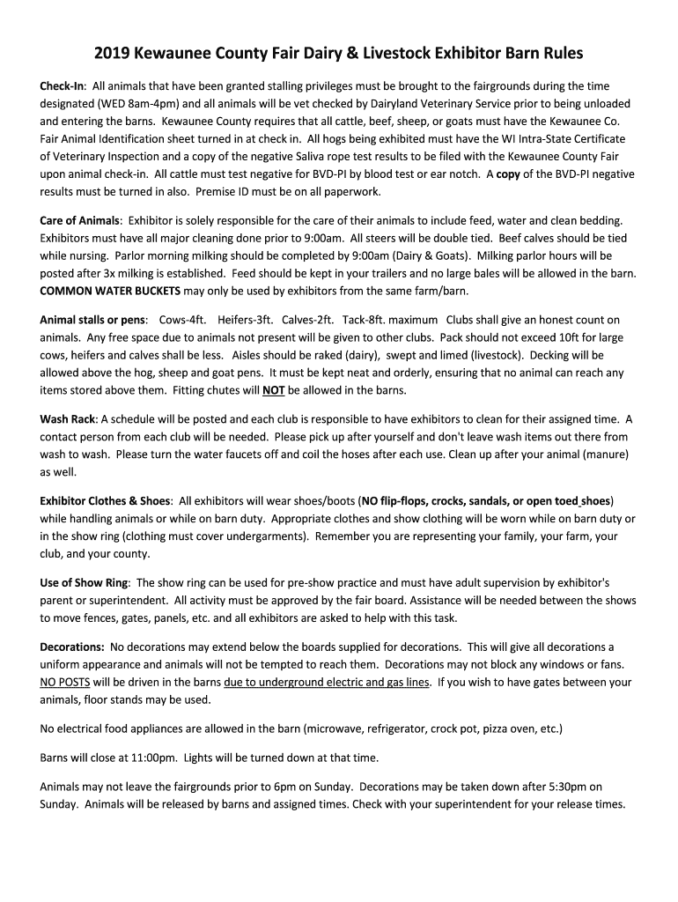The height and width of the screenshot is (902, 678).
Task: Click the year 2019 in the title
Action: click(x=129, y=54)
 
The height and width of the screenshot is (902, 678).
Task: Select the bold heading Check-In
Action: click(x=62, y=86)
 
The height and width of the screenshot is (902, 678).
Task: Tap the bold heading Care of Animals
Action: click(x=79, y=220)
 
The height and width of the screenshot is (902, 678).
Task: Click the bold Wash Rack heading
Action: click(x=69, y=419)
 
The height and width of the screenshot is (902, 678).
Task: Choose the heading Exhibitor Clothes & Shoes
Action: click(x=106, y=501)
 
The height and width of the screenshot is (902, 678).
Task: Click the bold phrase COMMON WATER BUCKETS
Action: click(x=110, y=291)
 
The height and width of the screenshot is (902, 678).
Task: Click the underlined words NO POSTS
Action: click(x=65, y=683)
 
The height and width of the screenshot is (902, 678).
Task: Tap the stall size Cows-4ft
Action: click(x=182, y=320)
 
